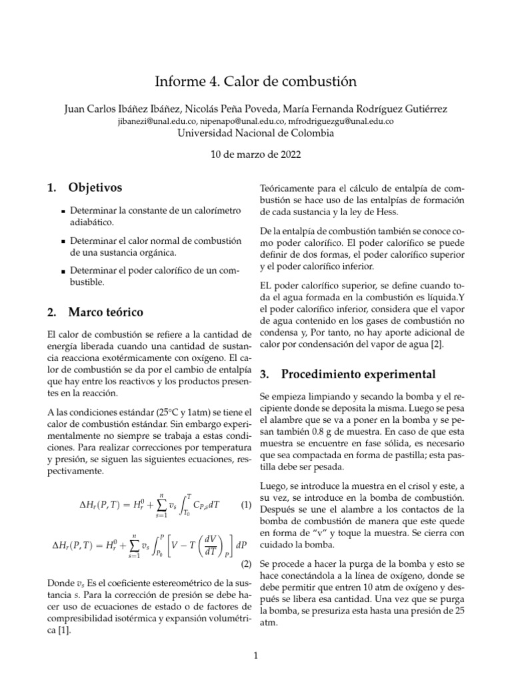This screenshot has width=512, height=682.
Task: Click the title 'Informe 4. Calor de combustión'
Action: point(256,81)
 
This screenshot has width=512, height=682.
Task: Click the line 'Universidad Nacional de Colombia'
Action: point(256,133)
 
